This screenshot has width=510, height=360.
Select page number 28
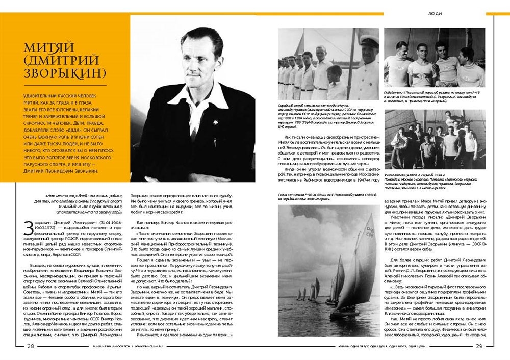tap(31, 347)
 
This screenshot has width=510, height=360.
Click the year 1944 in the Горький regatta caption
tap(446, 160)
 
